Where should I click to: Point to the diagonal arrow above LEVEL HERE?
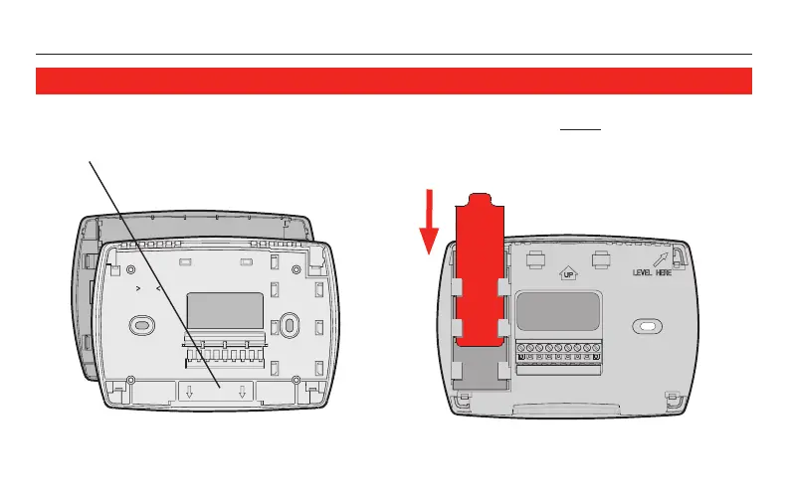pyautogui.click(x=661, y=257)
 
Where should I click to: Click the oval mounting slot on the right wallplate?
pyautogui.click(x=646, y=326)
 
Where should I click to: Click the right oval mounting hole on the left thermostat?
pyautogui.click(x=287, y=325)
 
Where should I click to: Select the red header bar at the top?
pyautogui.click(x=393, y=81)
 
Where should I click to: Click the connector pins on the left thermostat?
pyautogui.click(x=224, y=353)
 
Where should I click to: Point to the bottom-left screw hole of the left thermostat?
pyautogui.click(x=132, y=379)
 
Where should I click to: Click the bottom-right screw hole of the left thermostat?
pyautogui.click(x=295, y=379)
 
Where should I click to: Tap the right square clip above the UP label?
pyautogui.click(x=600, y=257)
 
